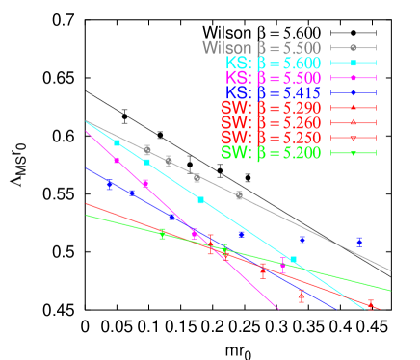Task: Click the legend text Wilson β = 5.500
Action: tap(262, 47)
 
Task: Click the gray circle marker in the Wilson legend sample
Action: tap(354, 47)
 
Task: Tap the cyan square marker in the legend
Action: tap(354, 63)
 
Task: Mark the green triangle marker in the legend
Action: tap(354, 153)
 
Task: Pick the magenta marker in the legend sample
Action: tap(354, 78)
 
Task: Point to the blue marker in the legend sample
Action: tap(354, 93)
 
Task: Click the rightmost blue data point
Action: tap(359, 243)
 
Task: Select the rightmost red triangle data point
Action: tap(371, 305)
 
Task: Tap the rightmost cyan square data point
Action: tap(294, 259)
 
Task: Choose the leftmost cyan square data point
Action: tap(118, 142)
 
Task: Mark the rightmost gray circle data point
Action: tap(239, 195)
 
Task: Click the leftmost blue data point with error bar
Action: tap(110, 184)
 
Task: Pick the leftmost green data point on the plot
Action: tap(162, 234)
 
